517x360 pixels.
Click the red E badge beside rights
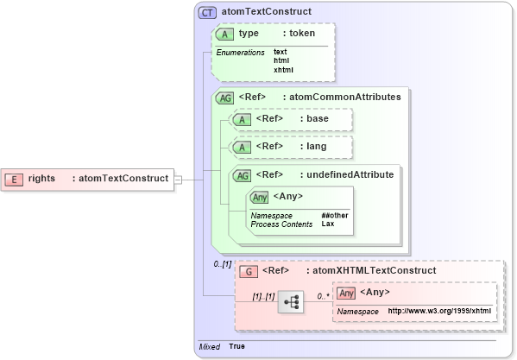click(x=15, y=179)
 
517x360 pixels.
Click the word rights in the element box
click(x=41, y=179)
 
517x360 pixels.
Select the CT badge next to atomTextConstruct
click(x=207, y=13)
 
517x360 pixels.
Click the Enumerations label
click(x=240, y=53)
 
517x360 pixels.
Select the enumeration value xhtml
click(x=283, y=70)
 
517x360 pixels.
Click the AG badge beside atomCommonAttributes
click(x=224, y=98)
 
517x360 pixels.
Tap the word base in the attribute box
click(x=317, y=118)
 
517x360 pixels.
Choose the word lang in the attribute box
click(x=316, y=147)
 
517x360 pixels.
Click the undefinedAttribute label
click(x=353, y=174)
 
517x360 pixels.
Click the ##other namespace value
click(x=335, y=215)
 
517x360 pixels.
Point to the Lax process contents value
click(x=328, y=224)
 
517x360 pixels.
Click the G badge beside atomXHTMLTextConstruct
click(x=248, y=270)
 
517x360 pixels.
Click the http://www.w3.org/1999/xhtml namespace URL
click(x=439, y=311)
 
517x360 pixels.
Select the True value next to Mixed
click(x=236, y=346)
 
